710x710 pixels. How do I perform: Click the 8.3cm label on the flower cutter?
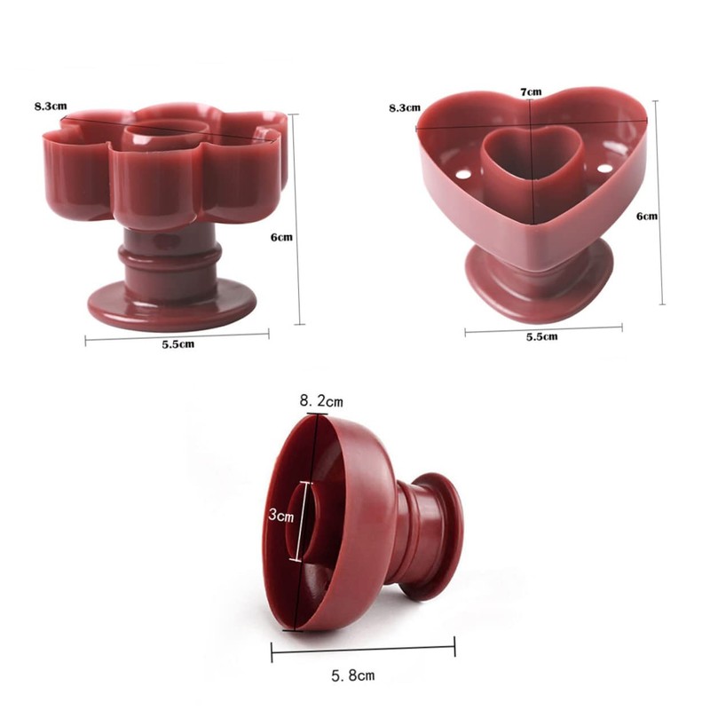click(x=51, y=106)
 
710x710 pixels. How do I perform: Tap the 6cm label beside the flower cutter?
click(x=281, y=237)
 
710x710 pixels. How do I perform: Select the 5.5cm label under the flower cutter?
click(x=178, y=344)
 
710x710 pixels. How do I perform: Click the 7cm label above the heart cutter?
click(x=531, y=92)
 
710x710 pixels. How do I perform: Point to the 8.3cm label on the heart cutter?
click(x=405, y=107)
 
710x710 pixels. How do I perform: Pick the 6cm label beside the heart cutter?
click(x=647, y=216)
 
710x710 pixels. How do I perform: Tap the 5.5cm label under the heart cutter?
click(x=541, y=337)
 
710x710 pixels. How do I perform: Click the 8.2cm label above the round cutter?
click(x=321, y=401)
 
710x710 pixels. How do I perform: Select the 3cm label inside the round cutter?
click(x=281, y=516)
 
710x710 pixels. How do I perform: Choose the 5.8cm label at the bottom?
click(x=352, y=676)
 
